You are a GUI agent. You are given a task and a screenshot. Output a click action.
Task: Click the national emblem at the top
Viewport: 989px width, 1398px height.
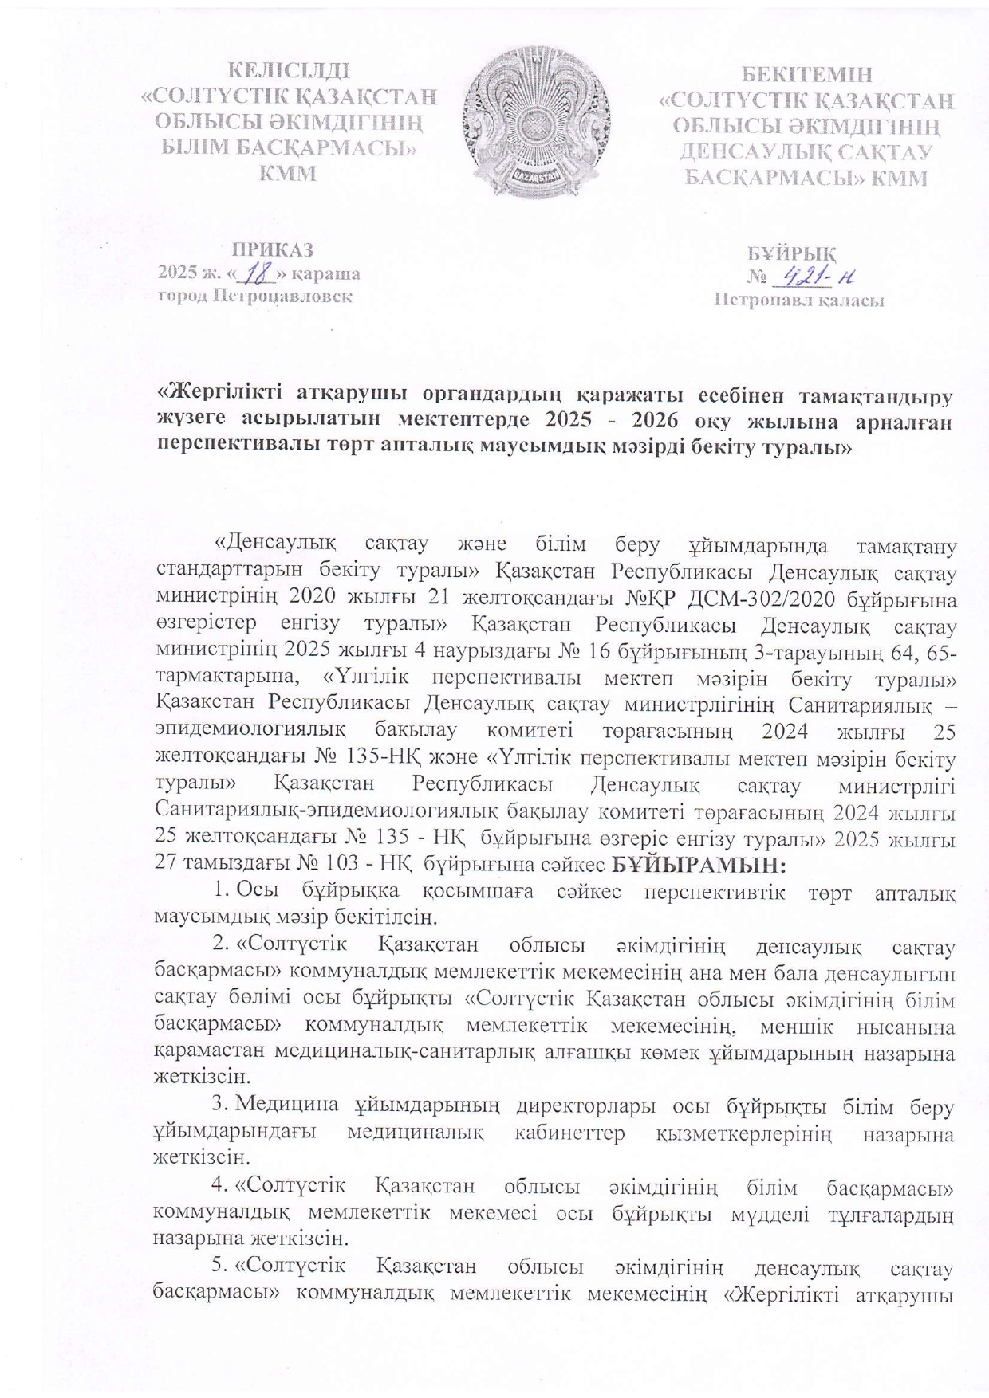[538, 122]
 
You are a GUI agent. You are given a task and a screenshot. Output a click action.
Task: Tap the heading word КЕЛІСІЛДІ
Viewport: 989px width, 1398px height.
[288, 73]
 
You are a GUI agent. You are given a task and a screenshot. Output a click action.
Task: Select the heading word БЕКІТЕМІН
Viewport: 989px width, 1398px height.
[807, 76]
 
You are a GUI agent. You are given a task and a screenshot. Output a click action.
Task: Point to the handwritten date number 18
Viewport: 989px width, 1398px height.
[256, 274]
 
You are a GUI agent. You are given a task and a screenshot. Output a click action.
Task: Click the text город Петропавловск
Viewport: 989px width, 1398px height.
[255, 296]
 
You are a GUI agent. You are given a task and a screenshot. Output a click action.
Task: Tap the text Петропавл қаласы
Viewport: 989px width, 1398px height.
[799, 301]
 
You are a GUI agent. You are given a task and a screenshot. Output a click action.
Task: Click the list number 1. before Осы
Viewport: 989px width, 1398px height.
[223, 889]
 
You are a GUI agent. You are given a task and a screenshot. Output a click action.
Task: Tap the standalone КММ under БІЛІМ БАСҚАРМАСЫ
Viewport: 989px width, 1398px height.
[288, 173]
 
